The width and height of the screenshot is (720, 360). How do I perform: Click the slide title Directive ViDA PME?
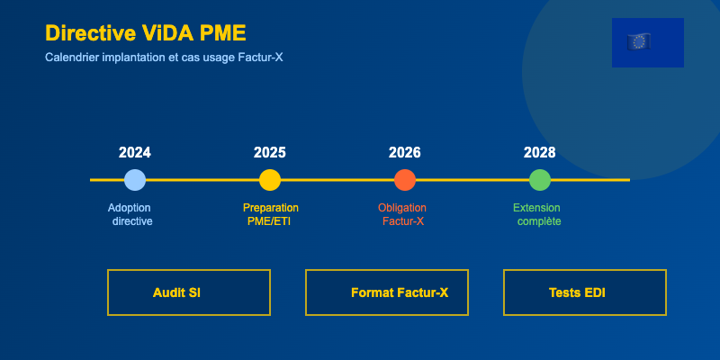click(145, 33)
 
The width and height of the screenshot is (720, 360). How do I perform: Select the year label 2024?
click(134, 152)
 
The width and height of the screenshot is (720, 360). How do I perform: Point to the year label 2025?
click(269, 152)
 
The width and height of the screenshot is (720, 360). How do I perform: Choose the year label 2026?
click(404, 152)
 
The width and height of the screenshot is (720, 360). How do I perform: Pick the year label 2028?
click(539, 152)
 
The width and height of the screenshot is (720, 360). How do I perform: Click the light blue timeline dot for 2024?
click(134, 180)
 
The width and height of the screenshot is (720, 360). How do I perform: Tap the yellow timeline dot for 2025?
click(269, 180)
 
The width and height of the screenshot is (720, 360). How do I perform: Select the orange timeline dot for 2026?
click(404, 180)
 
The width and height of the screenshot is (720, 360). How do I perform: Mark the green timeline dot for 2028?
click(539, 180)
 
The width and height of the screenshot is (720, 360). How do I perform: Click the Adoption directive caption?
click(130, 214)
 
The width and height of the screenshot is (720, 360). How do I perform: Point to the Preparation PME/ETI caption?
click(270, 214)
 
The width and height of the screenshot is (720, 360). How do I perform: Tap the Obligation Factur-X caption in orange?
click(402, 214)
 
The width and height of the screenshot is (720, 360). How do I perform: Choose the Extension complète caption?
click(537, 214)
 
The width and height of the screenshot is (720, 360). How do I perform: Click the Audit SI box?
click(189, 292)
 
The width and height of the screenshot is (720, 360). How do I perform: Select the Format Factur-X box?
click(387, 292)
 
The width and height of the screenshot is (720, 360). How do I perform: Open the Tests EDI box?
click(584, 292)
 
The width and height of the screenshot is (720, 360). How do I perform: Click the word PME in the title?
click(223, 33)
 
